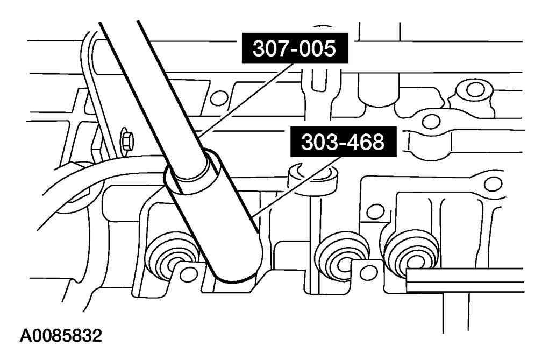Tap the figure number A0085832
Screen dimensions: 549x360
60,337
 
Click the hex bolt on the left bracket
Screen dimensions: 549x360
127,142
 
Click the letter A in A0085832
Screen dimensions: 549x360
25,337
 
